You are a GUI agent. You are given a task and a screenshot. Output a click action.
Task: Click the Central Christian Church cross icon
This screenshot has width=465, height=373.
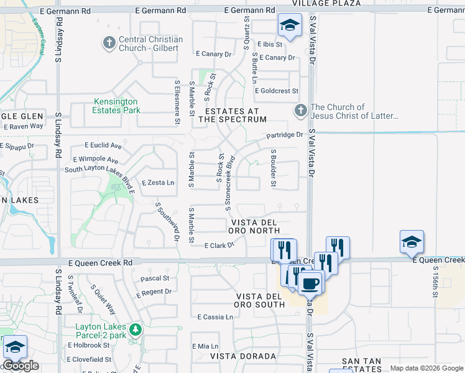[x=109, y=43]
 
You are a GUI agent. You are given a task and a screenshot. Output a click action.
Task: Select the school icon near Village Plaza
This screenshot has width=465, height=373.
[x=288, y=25]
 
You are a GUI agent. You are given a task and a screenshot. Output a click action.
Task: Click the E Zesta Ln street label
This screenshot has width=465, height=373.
[x=158, y=183]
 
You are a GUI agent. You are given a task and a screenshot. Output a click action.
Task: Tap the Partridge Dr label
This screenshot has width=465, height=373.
[x=284, y=135]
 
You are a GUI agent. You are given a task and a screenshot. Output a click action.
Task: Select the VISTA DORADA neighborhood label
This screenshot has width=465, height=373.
[x=242, y=356]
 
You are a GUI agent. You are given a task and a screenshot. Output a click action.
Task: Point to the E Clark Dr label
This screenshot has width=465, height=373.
[x=219, y=246]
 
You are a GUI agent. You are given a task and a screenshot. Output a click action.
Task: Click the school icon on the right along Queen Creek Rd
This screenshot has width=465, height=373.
[x=412, y=242]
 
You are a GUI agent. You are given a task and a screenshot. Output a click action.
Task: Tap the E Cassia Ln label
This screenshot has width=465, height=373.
[x=215, y=317]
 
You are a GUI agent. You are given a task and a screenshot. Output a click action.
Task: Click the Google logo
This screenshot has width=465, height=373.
[x=21, y=366]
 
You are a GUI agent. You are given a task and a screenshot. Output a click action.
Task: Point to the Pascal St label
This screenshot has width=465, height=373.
[x=155, y=279]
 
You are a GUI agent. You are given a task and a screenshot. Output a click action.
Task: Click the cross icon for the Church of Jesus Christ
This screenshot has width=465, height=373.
[x=300, y=111]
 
